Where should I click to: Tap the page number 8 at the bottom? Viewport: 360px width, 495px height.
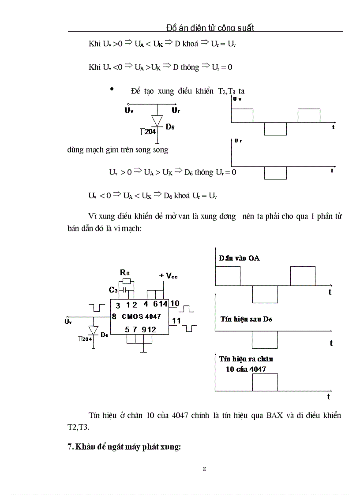pos(204,469)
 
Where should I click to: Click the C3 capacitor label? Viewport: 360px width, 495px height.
pos(113,290)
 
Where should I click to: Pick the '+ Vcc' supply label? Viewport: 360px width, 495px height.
pos(168,275)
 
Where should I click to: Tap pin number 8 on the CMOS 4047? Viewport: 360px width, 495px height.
pos(114,316)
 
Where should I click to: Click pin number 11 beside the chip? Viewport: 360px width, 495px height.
pos(176,320)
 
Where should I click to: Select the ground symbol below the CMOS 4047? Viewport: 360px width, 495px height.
pos(143,351)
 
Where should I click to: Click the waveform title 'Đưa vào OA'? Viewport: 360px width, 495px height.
pos(240,258)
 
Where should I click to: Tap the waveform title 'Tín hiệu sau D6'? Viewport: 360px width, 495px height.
pos(246,319)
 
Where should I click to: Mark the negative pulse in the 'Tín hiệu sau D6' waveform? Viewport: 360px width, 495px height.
pos(265,339)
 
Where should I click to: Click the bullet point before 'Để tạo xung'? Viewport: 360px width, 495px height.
pos(112,90)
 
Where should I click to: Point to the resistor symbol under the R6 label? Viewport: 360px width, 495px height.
pos(127,281)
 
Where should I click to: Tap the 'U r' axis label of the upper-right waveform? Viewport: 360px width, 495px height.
pos(238,141)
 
